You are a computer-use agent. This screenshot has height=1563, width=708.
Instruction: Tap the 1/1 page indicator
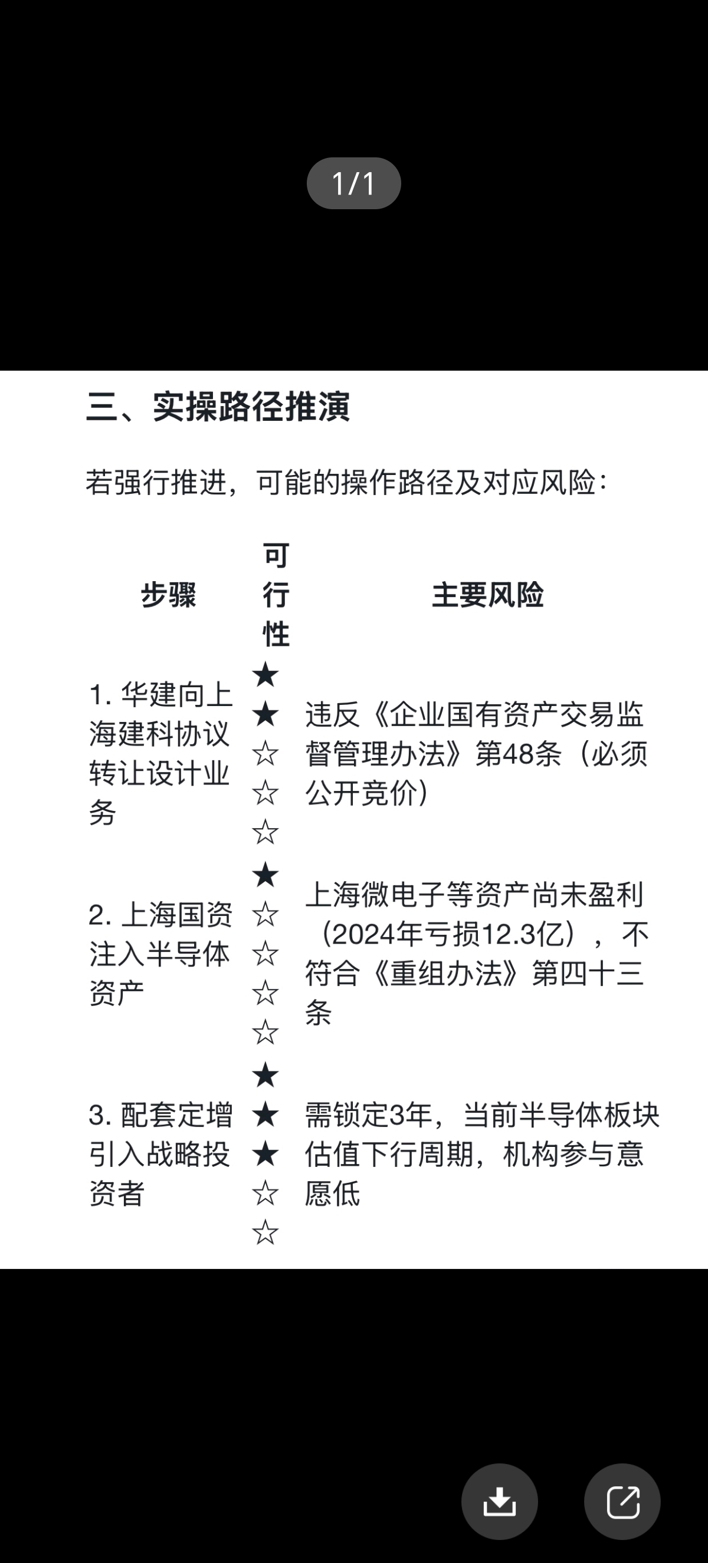(x=353, y=183)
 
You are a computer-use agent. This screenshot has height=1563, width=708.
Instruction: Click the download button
(x=499, y=1502)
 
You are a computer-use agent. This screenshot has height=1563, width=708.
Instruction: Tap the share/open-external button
(x=622, y=1502)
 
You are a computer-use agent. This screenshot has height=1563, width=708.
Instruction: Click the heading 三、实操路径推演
(x=218, y=406)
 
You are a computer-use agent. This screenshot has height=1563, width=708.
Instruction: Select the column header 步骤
(x=169, y=595)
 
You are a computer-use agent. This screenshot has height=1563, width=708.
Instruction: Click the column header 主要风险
(x=487, y=595)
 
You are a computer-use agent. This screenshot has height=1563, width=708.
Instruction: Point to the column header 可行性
(x=276, y=595)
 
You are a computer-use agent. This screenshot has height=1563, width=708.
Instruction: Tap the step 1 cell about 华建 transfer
(x=161, y=753)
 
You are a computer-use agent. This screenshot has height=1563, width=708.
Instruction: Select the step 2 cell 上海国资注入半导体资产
(x=161, y=954)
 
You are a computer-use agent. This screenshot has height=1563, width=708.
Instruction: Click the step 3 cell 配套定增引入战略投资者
(x=161, y=1154)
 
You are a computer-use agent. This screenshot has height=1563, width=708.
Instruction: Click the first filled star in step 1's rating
(x=265, y=675)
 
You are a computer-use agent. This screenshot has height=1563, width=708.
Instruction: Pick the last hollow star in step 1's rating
(x=265, y=832)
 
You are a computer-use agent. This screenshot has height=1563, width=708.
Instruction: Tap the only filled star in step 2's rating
(x=265, y=875)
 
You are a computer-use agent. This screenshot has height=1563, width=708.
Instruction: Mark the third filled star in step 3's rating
(x=265, y=1154)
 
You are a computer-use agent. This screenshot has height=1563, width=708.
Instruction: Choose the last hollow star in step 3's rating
(x=265, y=1232)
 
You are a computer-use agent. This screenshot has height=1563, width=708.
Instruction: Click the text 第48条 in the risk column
(x=519, y=754)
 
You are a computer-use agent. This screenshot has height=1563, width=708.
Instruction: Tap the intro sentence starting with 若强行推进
(x=347, y=483)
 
